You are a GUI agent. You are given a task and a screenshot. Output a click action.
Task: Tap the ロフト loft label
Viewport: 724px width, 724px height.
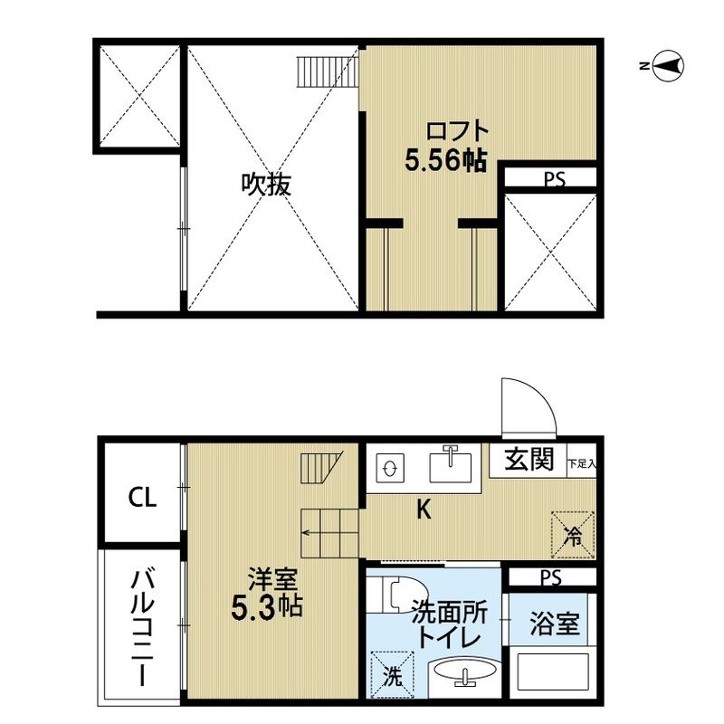click(457, 130)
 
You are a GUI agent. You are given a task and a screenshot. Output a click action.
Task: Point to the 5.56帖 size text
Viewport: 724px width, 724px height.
click(445, 161)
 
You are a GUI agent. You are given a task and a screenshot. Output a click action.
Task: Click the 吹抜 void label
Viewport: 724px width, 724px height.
click(266, 185)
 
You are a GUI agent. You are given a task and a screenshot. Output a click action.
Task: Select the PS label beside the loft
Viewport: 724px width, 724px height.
click(554, 178)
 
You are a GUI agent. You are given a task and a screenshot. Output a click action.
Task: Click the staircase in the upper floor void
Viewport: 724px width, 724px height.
click(328, 72)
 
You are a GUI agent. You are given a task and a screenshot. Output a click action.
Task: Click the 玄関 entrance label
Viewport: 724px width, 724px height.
click(529, 459)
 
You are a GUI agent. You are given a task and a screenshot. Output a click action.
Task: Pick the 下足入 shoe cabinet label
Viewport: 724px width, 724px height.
click(581, 463)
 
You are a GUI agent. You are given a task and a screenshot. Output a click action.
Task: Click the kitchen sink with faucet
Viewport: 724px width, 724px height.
click(450, 465)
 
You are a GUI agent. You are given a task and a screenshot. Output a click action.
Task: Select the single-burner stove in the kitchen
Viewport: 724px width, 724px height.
click(390, 469)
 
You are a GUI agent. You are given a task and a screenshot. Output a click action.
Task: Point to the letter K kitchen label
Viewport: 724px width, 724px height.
click(424, 510)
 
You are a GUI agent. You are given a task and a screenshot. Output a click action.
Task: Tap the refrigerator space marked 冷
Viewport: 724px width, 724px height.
click(573, 535)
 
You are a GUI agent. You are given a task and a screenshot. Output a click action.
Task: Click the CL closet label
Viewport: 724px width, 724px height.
click(142, 497)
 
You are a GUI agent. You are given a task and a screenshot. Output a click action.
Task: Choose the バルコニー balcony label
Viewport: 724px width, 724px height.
click(142, 628)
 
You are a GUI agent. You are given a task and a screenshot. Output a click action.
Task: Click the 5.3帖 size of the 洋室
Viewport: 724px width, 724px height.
click(266, 607)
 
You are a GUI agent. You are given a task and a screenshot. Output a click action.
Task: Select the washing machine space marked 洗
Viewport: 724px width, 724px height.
click(392, 674)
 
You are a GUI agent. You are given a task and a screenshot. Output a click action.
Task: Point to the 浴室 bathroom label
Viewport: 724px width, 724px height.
click(554, 623)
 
